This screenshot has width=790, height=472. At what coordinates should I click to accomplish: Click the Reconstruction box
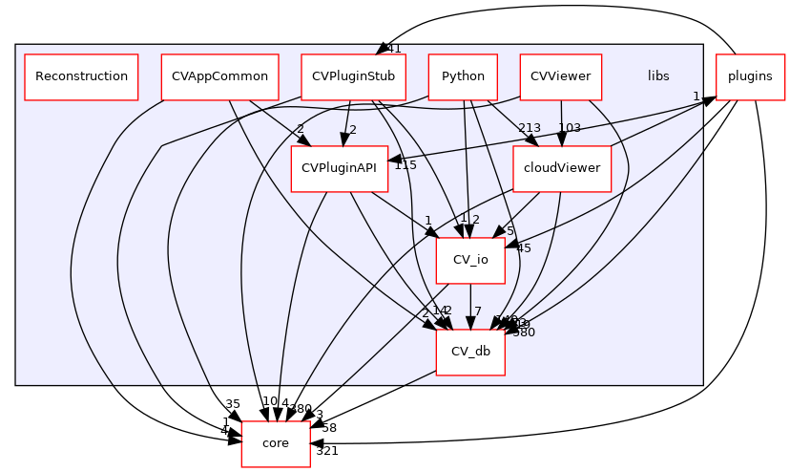point(81,76)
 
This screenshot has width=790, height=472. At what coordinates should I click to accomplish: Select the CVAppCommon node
point(219,76)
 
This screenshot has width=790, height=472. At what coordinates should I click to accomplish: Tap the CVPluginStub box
point(354,76)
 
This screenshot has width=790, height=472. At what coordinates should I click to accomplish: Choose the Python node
point(463,76)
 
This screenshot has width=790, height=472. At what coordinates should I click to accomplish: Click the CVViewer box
point(561,76)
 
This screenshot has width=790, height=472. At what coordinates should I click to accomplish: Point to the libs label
point(658,76)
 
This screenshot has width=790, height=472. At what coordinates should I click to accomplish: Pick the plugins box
point(750,76)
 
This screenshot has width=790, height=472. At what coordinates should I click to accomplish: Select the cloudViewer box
point(562,169)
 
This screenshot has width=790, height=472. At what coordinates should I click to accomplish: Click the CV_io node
point(470,260)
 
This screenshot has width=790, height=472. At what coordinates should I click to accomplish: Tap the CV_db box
point(470,352)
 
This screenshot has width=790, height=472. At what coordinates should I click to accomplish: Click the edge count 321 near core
point(327,451)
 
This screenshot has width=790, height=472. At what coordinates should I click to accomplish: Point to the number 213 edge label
point(530,128)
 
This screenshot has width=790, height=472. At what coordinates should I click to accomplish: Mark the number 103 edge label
point(570,128)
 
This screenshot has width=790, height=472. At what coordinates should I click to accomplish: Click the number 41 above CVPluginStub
point(393,49)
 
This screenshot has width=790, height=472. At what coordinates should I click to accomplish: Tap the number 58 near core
point(329,427)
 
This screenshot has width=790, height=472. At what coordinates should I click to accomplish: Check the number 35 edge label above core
point(233,404)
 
